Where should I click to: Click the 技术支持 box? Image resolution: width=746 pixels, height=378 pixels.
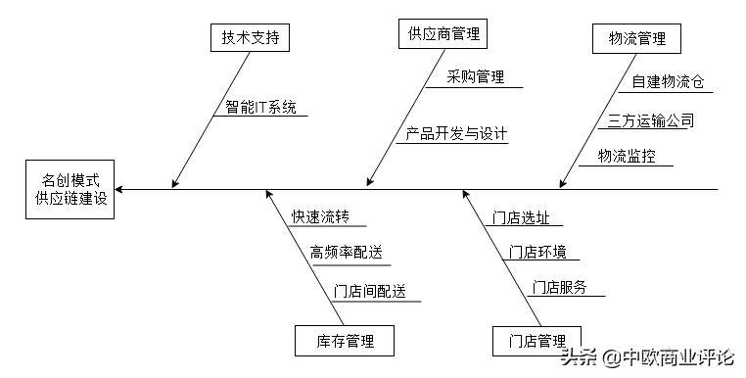click(x=251, y=38)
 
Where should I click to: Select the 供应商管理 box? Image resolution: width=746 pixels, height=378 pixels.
click(x=443, y=34)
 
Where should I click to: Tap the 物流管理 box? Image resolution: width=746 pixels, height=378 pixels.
click(x=636, y=39)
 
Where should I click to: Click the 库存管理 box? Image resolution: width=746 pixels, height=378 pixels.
click(x=345, y=341)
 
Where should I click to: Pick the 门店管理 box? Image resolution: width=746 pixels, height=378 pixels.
click(x=536, y=341)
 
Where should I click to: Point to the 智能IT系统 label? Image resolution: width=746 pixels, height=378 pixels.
click(x=260, y=107)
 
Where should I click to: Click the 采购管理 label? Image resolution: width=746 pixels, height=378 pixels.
click(x=476, y=76)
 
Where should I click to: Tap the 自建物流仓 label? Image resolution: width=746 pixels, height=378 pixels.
click(x=667, y=82)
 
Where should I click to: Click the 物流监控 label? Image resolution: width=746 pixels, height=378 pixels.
click(x=627, y=155)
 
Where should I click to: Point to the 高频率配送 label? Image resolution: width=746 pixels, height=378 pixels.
click(x=345, y=252)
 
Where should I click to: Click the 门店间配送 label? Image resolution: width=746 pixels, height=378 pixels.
click(x=370, y=291)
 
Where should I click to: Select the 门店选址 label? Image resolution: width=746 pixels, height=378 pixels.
click(x=522, y=216)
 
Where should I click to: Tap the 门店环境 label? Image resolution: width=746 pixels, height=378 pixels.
click(x=537, y=252)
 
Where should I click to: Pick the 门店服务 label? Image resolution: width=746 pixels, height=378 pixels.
click(x=559, y=287)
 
